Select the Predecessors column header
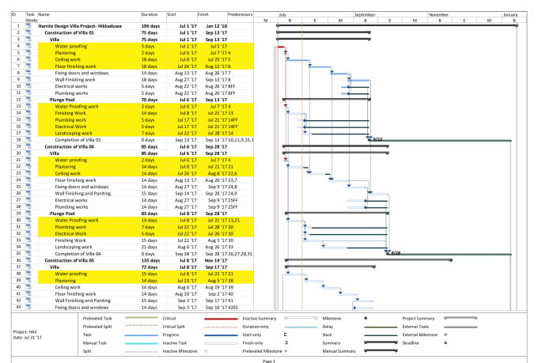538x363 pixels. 240,14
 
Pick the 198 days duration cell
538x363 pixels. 151,26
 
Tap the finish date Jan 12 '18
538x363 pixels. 216,26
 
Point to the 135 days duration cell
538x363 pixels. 151,260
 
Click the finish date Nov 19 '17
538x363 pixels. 216,260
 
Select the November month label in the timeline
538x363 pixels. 438,14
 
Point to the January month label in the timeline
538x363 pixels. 510,14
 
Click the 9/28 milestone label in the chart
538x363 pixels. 396,254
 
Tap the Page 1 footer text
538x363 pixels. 269,360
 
